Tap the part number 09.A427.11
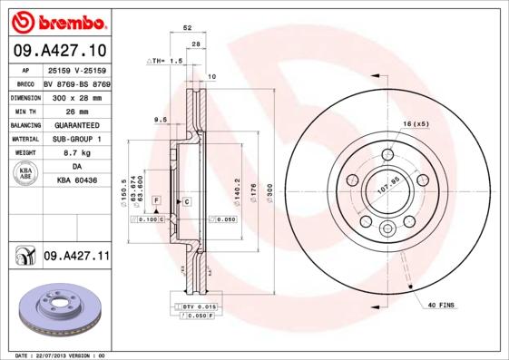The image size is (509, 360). (76, 257)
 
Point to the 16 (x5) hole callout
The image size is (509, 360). (415, 122)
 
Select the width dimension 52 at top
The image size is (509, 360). (187, 29)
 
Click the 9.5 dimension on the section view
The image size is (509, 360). (160, 120)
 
